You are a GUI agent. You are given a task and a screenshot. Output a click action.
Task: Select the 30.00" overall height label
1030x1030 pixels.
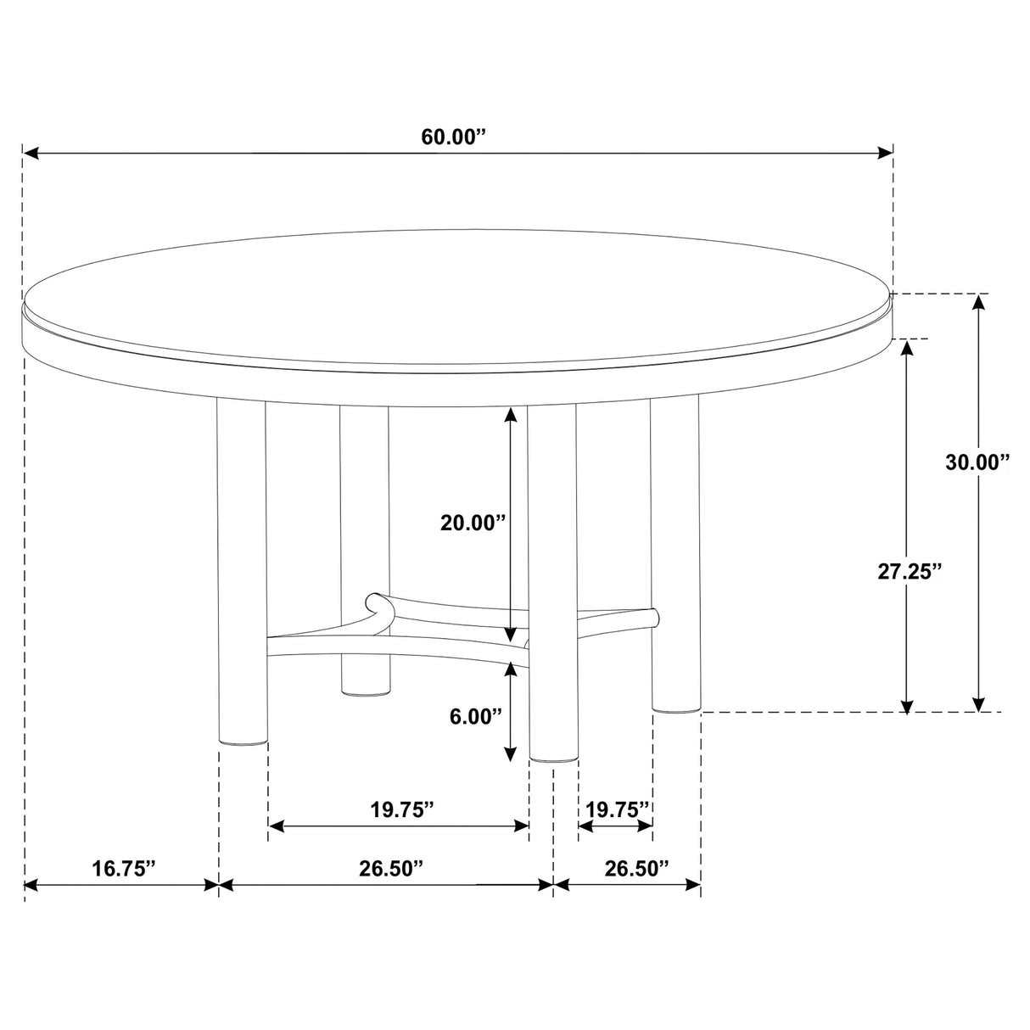tap(977, 462)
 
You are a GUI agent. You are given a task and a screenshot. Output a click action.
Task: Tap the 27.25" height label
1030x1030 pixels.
tap(910, 572)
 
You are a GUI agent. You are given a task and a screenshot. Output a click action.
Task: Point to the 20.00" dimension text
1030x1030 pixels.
tap(473, 523)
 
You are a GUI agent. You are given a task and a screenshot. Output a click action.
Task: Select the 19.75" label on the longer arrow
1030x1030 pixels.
tap(402, 809)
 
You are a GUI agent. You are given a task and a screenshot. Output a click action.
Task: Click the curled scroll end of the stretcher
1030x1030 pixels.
tap(375, 605)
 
